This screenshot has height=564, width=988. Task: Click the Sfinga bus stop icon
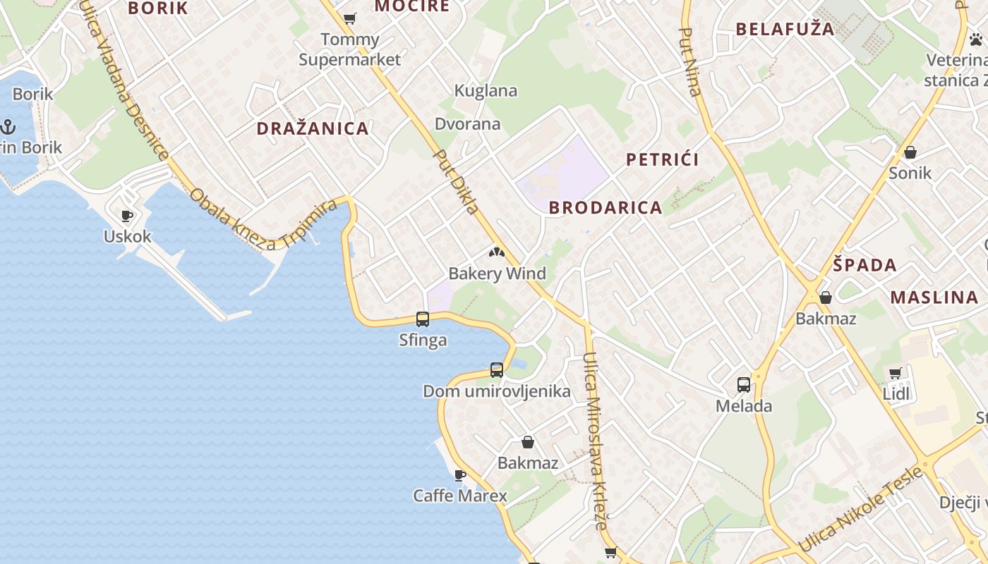(x=423, y=319)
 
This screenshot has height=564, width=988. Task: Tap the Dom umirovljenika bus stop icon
(x=497, y=370)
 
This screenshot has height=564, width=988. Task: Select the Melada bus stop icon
(x=744, y=385)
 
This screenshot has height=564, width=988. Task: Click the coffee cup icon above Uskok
(x=127, y=216)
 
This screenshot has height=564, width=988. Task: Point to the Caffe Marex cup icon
(x=460, y=475)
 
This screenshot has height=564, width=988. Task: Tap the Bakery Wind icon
(x=497, y=252)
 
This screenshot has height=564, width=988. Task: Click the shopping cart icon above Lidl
(x=896, y=373)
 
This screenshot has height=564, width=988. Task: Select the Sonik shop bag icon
(x=910, y=152)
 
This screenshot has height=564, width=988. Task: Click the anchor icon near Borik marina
(x=8, y=128)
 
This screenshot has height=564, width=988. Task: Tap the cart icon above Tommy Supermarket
(x=349, y=18)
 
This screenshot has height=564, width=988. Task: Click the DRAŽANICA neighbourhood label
(x=313, y=128)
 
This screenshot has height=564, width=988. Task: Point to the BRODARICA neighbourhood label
(x=606, y=208)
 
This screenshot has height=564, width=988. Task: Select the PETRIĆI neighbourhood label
(x=663, y=159)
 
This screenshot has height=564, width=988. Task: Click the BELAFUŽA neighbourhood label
(x=785, y=30)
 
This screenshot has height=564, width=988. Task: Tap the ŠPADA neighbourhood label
(x=864, y=266)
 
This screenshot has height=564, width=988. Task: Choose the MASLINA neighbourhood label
(x=934, y=297)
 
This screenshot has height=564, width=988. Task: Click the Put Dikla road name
(x=457, y=182)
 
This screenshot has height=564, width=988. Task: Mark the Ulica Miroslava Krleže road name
(x=596, y=441)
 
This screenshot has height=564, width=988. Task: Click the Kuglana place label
(x=486, y=91)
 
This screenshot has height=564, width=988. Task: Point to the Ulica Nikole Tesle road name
(x=860, y=508)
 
